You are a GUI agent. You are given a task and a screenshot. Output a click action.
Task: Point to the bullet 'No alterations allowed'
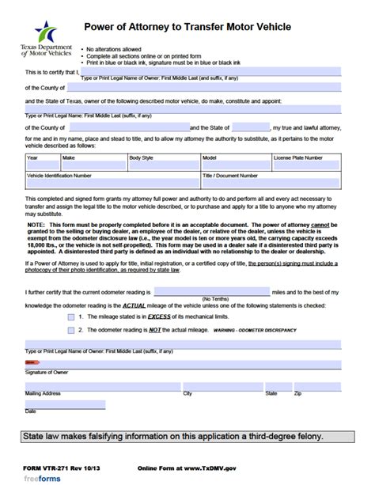(x=118, y=47)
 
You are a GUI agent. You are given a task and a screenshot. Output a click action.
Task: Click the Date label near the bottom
(x=31, y=411)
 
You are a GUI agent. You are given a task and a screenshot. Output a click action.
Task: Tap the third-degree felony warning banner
(x=187, y=438)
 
